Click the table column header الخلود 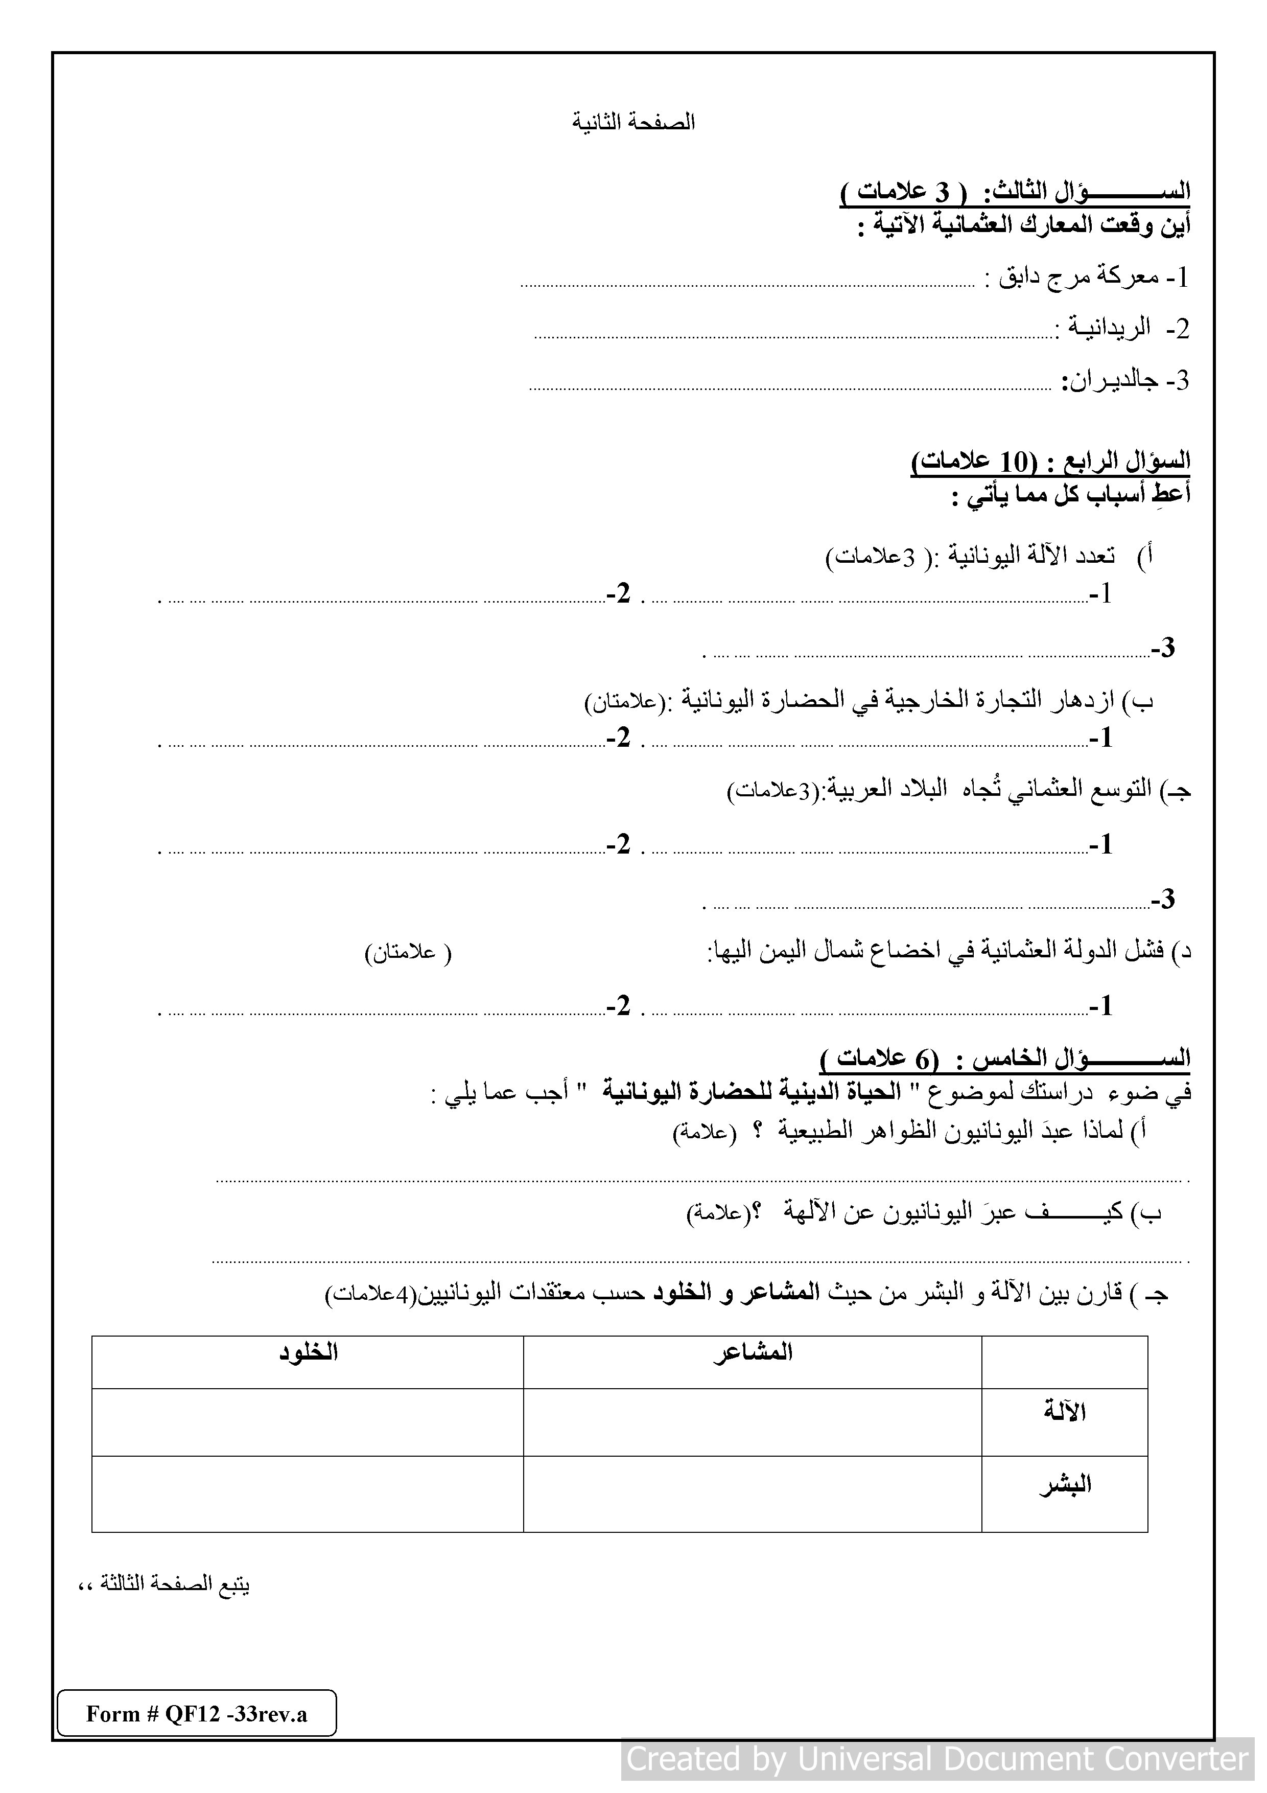[x=309, y=1352]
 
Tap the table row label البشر [x=1065, y=1484]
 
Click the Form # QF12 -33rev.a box [x=197, y=1713]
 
